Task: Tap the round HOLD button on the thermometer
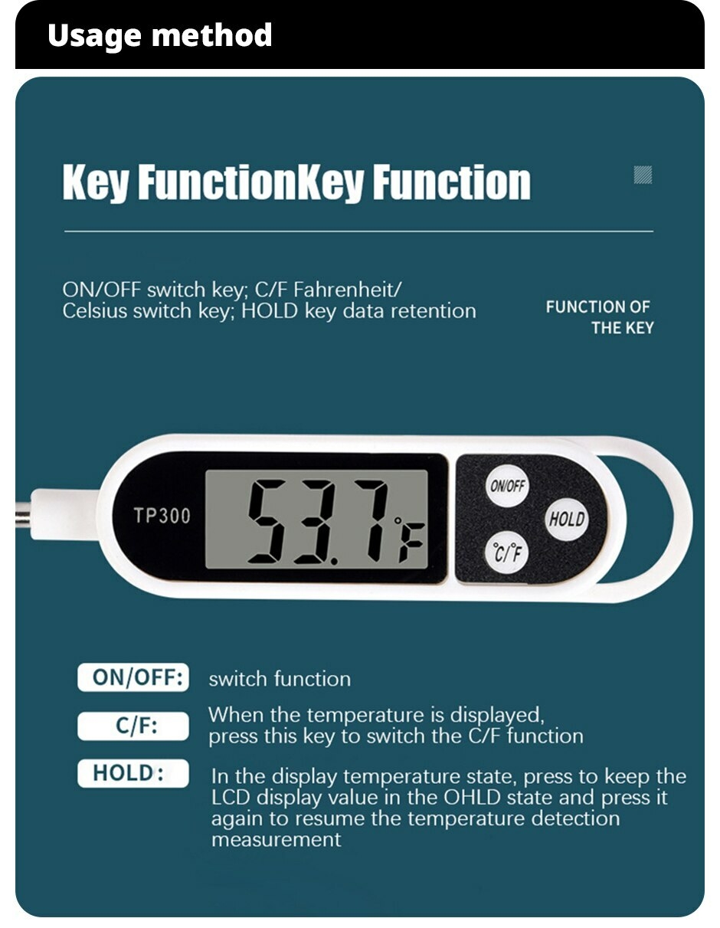(567, 519)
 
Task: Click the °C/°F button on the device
(508, 553)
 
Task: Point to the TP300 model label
(162, 516)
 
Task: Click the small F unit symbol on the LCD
(412, 543)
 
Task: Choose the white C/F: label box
(133, 726)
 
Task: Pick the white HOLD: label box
(133, 773)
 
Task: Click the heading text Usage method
(159, 36)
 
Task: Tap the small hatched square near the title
(643, 175)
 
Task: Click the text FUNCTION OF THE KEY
(599, 317)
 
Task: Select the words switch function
(280, 679)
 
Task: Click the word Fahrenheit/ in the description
(347, 290)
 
